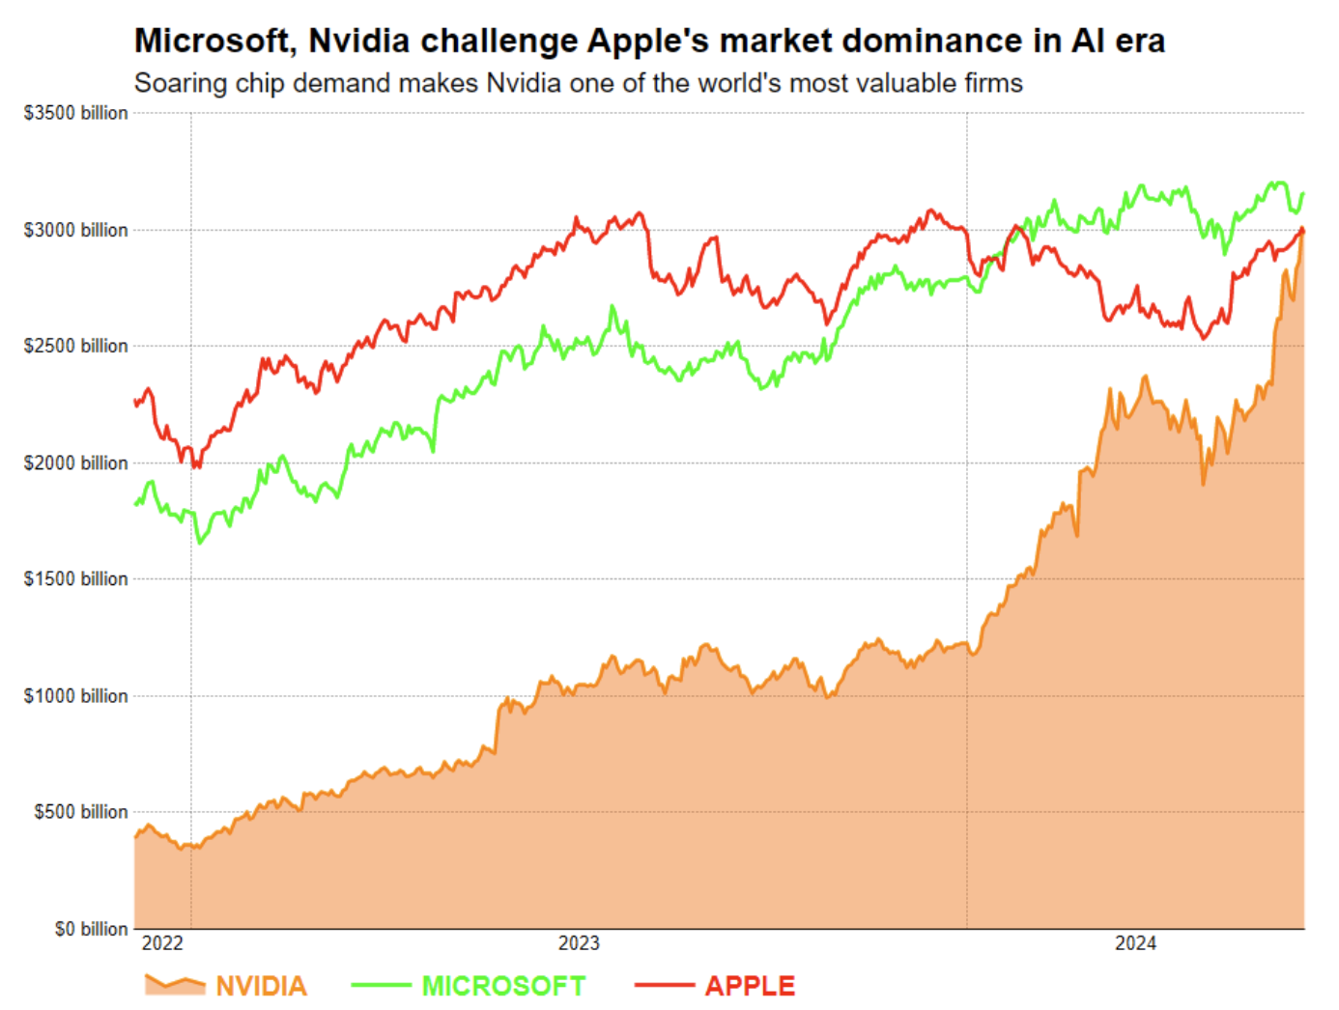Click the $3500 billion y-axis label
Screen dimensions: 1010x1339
(x=75, y=113)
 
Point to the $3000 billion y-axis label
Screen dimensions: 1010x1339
(x=75, y=230)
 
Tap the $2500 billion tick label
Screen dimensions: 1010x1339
(x=75, y=346)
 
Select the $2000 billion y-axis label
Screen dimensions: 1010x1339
(x=75, y=463)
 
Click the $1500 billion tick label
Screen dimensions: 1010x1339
(x=75, y=578)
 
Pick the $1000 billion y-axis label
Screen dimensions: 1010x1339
(x=75, y=695)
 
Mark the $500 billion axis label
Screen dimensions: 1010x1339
(x=80, y=811)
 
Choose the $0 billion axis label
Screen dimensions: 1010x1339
(x=91, y=929)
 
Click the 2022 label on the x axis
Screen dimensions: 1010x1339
(x=162, y=943)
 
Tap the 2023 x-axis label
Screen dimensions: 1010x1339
(x=579, y=943)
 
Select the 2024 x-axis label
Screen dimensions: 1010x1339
(x=1135, y=943)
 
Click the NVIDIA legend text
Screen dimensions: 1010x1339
(x=261, y=986)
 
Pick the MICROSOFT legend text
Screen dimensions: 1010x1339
(x=503, y=986)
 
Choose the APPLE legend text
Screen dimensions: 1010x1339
(x=750, y=986)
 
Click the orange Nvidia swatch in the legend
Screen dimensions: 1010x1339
(x=175, y=985)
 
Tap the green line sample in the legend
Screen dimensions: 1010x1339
(x=381, y=985)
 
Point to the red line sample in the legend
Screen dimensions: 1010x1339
(x=664, y=985)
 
